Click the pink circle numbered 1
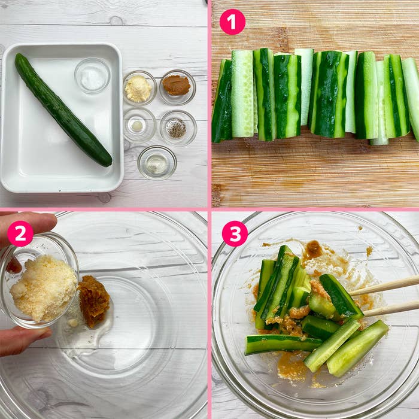click(x=232, y=22)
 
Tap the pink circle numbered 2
click(x=20, y=233)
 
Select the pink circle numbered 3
click(x=235, y=233)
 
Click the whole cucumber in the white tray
click(x=63, y=110)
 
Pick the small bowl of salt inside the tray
click(x=92, y=75)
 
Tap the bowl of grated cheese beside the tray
click(x=139, y=88)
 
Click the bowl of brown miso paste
click(x=177, y=87)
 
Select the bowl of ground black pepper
click(x=178, y=128)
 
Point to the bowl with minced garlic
click(x=139, y=125)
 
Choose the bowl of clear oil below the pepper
click(x=157, y=162)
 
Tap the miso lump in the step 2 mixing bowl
click(x=94, y=302)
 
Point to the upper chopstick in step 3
click(x=384, y=286)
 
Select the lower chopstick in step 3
click(x=391, y=309)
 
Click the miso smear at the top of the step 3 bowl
click(x=314, y=250)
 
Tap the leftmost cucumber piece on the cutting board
click(x=222, y=101)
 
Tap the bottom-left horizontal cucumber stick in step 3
click(x=284, y=344)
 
